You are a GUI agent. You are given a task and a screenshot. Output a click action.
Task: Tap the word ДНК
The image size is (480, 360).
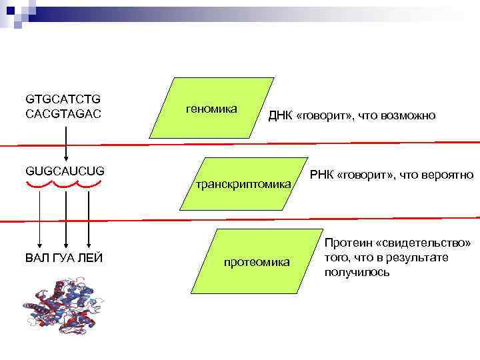(x=279, y=116)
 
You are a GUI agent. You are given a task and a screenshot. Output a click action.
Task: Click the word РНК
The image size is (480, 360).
(x=323, y=175)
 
